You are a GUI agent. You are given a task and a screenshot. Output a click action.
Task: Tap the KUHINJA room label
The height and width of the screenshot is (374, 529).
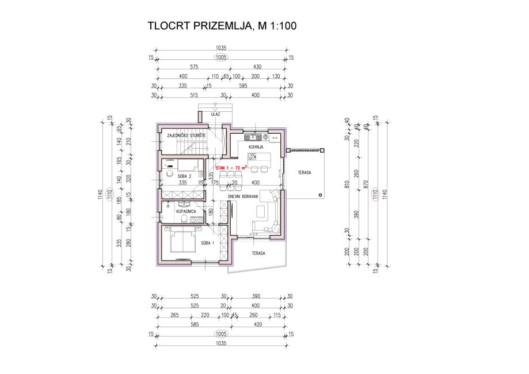256,148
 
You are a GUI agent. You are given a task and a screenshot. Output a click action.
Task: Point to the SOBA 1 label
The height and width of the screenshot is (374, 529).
208,243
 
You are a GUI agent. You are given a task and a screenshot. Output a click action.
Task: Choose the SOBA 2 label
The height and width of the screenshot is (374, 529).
184,175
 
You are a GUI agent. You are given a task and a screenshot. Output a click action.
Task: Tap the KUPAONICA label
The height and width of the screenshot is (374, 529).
187,212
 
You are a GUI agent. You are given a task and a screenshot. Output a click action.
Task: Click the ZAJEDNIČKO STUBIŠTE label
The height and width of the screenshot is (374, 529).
182,136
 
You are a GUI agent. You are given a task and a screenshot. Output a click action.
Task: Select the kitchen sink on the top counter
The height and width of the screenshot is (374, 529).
253,137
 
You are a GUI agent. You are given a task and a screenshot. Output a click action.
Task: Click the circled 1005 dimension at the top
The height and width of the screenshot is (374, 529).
221,58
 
